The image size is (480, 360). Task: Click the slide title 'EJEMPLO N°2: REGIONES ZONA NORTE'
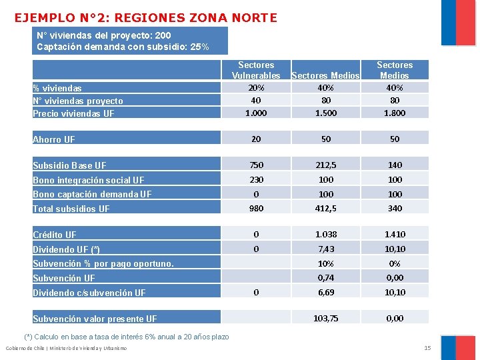click(145, 18)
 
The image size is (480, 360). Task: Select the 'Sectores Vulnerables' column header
click(256, 70)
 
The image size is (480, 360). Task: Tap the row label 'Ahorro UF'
click(54, 139)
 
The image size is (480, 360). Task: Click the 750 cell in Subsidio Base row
click(256, 165)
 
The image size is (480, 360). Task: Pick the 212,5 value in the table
click(326, 165)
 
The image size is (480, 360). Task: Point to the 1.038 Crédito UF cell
click(326, 234)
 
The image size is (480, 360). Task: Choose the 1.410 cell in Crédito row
click(395, 234)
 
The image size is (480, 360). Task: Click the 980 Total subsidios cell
click(256, 208)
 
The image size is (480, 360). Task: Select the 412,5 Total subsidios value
click(326, 208)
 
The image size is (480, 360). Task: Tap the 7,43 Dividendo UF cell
click(326, 249)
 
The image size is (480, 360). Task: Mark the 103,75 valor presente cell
click(326, 319)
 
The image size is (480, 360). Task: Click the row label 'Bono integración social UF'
click(89, 180)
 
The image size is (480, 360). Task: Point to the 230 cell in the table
click(256, 179)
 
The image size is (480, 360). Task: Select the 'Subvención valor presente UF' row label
click(95, 319)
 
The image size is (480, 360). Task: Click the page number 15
click(427, 349)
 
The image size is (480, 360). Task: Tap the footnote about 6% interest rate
click(127, 337)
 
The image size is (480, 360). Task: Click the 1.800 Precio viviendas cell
click(395, 113)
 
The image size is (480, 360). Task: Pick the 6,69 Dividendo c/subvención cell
click(326, 292)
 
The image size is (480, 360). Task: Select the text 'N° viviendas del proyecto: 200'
click(104, 35)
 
